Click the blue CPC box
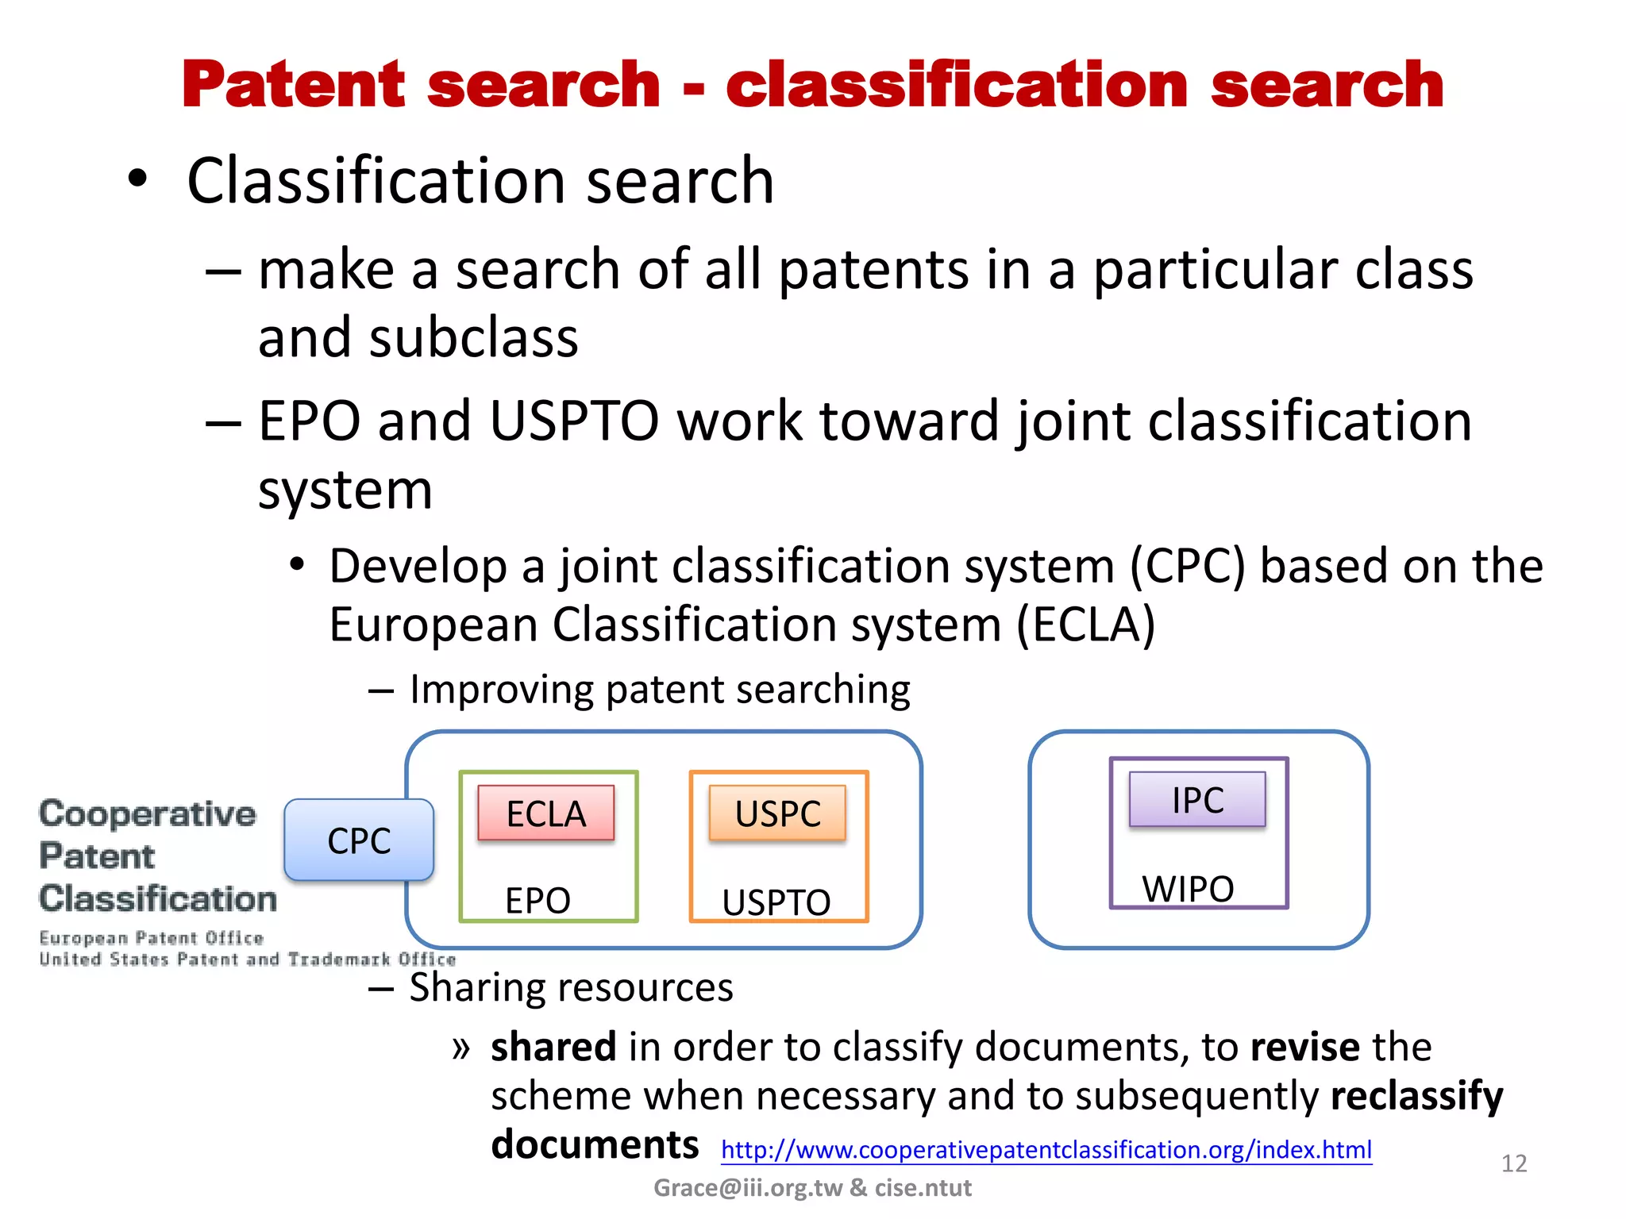pyautogui.click(x=359, y=840)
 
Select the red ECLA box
pyautogui.click(x=546, y=813)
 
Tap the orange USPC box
pyautogui.click(x=778, y=813)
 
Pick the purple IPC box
pyautogui.click(x=1197, y=800)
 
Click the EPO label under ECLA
pyautogui.click(x=538, y=901)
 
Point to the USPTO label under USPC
pyautogui.click(x=776, y=902)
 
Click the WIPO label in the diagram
pyautogui.click(x=1188, y=889)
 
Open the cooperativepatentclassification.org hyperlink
pyautogui.click(x=1046, y=1150)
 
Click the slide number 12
pyautogui.click(x=1513, y=1163)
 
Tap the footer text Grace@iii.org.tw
pyautogui.click(x=747, y=1188)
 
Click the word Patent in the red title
pyautogui.click(x=294, y=85)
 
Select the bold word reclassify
pyautogui.click(x=1416, y=1096)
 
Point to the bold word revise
pyautogui.click(x=1304, y=1047)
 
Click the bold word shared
pyautogui.click(x=553, y=1047)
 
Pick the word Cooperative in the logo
pyautogui.click(x=148, y=814)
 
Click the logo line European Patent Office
pyautogui.click(x=151, y=938)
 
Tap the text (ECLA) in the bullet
pyautogui.click(x=1085, y=625)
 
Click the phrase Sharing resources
pyautogui.click(x=571, y=988)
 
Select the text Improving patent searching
pyautogui.click(x=659, y=689)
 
